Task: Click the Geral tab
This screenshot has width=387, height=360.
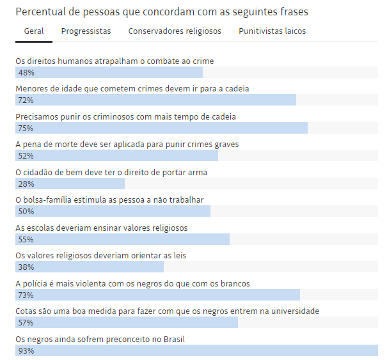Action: click(x=34, y=31)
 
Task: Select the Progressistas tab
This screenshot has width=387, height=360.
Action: click(x=86, y=31)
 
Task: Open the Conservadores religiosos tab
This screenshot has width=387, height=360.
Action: click(x=175, y=31)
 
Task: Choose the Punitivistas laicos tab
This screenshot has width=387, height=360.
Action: click(x=272, y=31)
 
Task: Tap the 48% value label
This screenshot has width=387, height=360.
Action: click(x=26, y=72)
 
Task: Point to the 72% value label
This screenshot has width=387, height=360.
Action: click(x=26, y=100)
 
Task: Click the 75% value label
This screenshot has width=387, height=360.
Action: click(x=26, y=129)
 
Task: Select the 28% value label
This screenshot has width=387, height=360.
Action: click(x=26, y=184)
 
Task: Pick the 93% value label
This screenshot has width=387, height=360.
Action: click(x=26, y=351)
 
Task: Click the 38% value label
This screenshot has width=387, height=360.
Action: click(x=26, y=267)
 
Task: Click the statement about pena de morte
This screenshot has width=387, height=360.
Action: click(x=127, y=145)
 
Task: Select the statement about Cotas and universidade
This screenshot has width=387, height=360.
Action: click(x=167, y=311)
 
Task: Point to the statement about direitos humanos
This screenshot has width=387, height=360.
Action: click(x=115, y=61)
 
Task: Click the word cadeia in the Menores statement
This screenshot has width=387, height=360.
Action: click(x=236, y=88)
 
